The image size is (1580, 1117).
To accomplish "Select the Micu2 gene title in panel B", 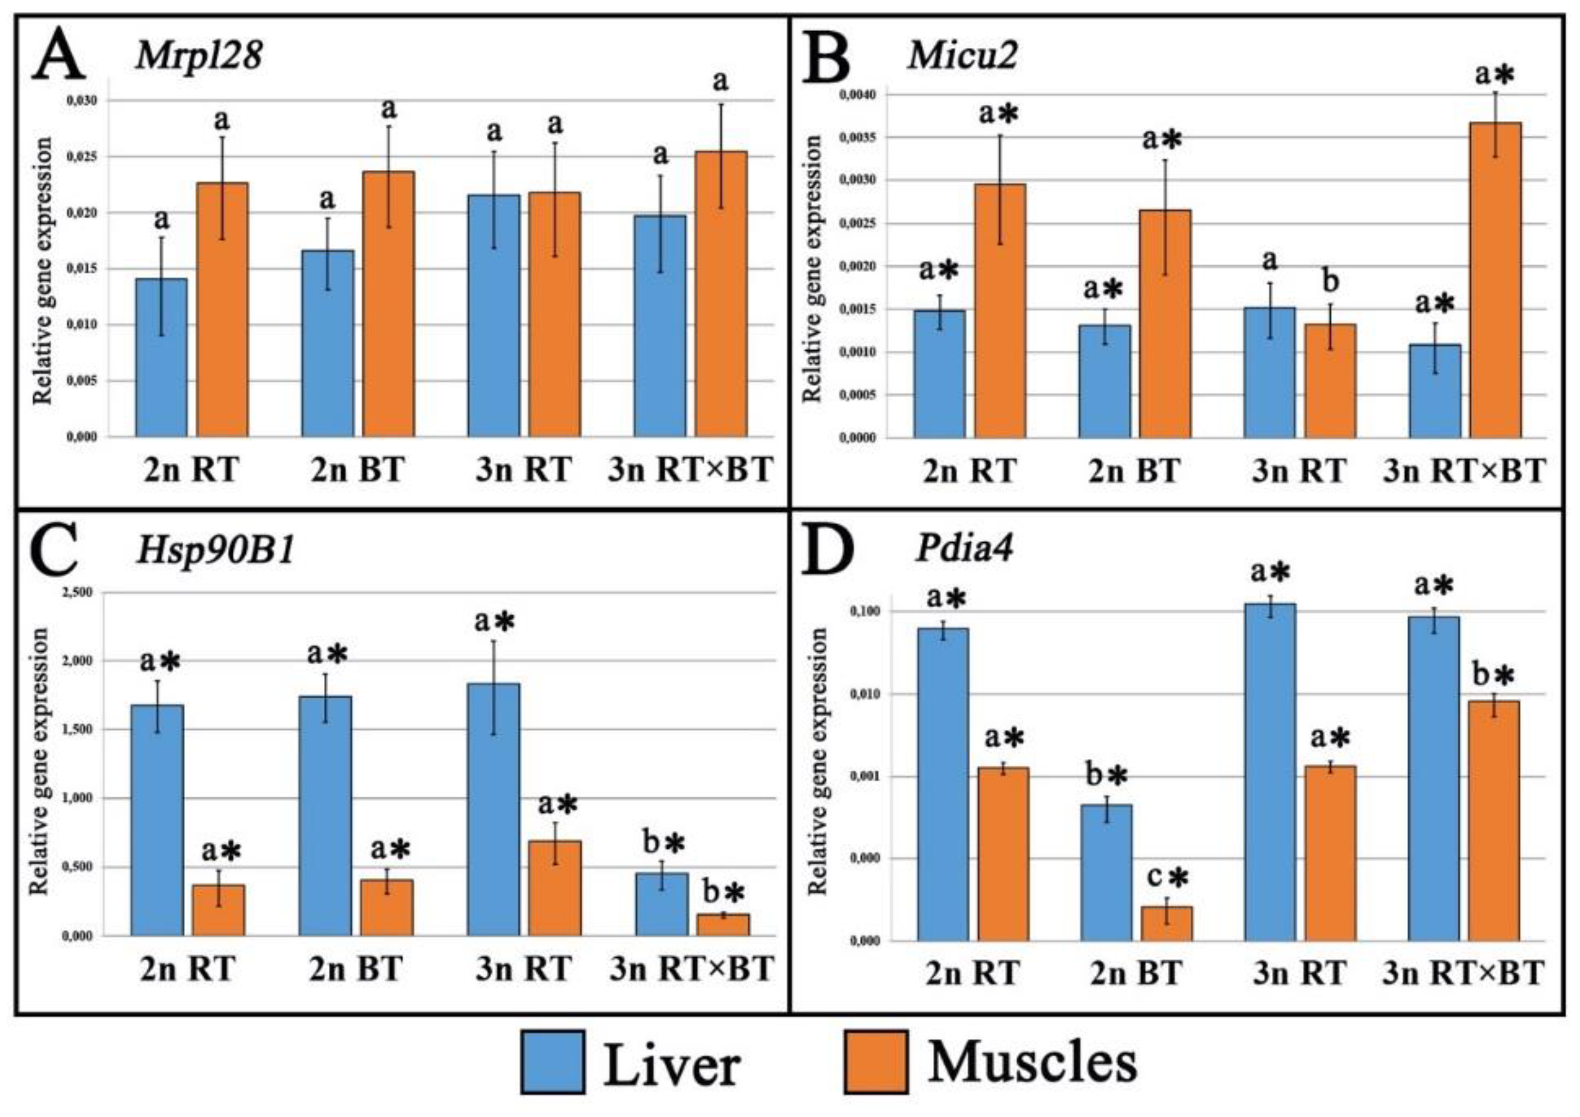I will pyautogui.click(x=962, y=55).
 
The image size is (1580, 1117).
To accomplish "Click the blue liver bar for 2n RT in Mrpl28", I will pyautogui.click(x=161, y=358).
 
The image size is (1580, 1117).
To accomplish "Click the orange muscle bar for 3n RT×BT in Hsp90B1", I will pyautogui.click(x=723, y=924).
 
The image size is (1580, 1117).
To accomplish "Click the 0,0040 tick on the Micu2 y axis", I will pyautogui.click(x=853, y=94).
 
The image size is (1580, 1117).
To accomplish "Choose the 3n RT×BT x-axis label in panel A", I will pyautogui.click(x=690, y=471).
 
